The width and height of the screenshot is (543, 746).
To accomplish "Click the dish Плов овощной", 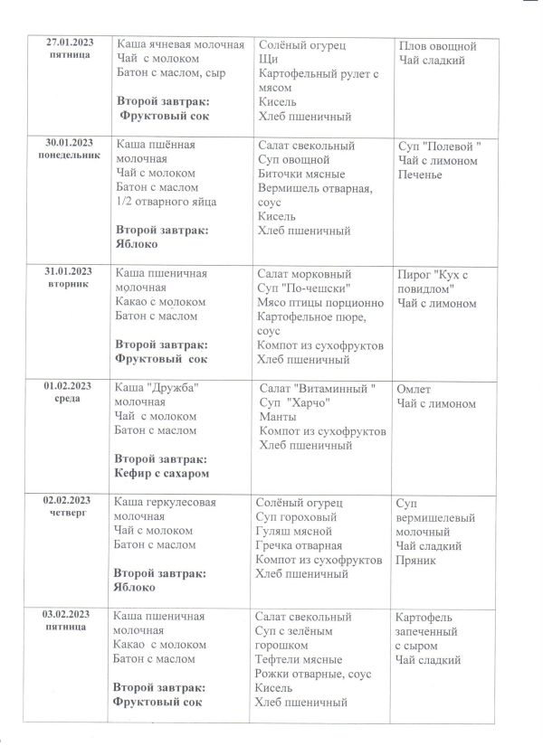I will coord(437,46).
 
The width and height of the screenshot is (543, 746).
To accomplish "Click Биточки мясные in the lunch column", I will coord(300,174).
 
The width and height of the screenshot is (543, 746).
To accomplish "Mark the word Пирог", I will coord(415,274).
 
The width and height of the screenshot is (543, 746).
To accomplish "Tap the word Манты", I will coord(278,416).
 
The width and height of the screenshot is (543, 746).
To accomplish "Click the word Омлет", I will coord(416,389).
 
